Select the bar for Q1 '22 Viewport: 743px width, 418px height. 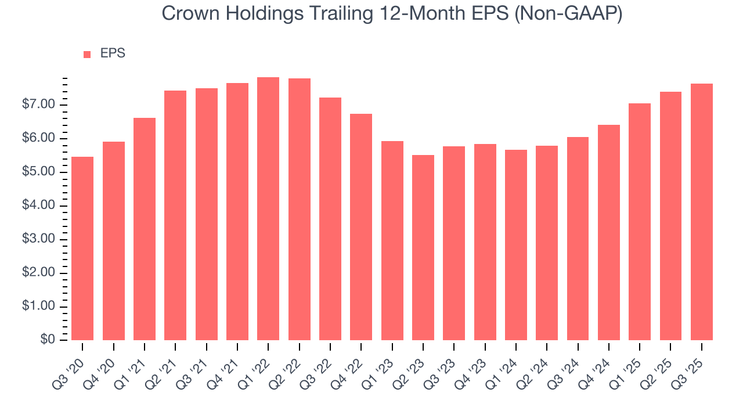point(268,209)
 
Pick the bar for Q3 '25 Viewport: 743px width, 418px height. point(702,212)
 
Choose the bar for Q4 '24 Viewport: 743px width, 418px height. point(609,232)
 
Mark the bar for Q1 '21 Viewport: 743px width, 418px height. point(145,229)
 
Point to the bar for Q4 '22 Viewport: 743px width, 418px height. point(361,227)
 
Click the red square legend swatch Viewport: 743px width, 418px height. point(87,54)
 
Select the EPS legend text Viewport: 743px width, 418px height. point(113,53)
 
